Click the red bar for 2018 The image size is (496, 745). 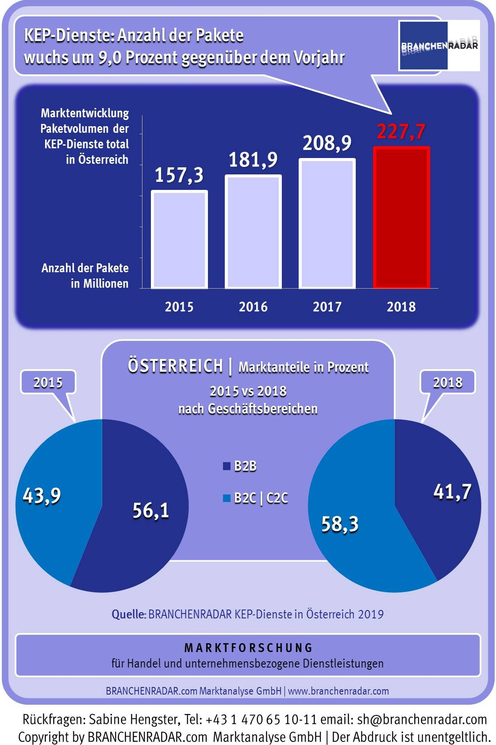tap(401, 217)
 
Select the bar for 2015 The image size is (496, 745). tap(179, 239)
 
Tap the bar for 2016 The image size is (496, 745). tap(253, 232)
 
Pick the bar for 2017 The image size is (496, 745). tap(327, 224)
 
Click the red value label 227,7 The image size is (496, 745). tap(401, 132)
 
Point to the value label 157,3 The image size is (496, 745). tap(179, 175)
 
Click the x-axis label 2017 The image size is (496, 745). tap(327, 306)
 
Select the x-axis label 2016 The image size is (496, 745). tap(253, 306)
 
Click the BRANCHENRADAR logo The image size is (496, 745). tap(439, 46)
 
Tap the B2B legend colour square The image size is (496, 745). tap(227, 466)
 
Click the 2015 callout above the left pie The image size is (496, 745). tap(48, 382)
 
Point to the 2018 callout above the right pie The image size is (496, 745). tap(447, 382)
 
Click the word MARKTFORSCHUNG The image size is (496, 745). tap(248, 648)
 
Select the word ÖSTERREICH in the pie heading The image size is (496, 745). tap(175, 366)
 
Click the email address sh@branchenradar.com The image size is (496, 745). tap(422, 719)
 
